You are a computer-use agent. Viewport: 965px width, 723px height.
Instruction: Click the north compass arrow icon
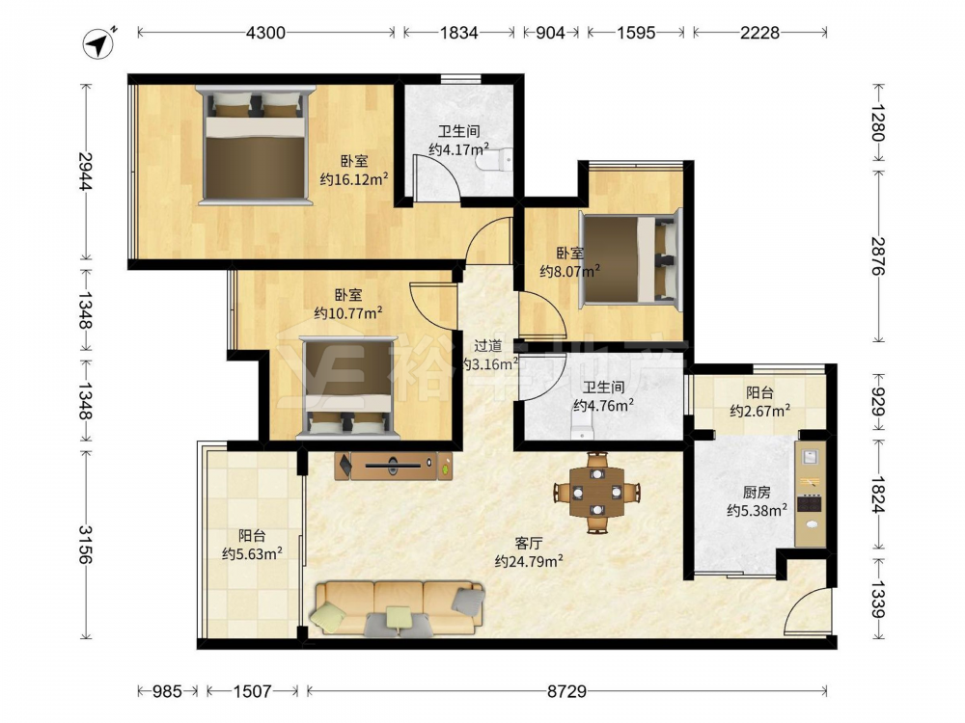(98, 44)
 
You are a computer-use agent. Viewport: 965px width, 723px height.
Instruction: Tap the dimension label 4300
(265, 33)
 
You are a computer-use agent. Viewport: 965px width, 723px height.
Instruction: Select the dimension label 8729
(566, 691)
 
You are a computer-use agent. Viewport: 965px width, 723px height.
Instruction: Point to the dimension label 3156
(86, 545)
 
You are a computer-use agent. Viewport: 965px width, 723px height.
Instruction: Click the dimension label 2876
(878, 255)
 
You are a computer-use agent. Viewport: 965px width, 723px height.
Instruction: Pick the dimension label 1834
(458, 33)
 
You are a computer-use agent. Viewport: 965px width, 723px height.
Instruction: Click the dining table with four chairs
(597, 492)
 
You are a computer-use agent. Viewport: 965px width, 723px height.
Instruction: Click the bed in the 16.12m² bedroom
(255, 146)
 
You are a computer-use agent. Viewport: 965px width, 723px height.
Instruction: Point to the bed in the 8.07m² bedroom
(631, 257)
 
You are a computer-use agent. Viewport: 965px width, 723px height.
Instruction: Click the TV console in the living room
(394, 466)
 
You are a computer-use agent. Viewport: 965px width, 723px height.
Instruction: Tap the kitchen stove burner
(810, 503)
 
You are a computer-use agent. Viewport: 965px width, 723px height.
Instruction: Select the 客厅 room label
(529, 543)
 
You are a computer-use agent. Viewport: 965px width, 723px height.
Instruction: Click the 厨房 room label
(757, 493)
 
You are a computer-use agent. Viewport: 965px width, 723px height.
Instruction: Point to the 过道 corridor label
(488, 346)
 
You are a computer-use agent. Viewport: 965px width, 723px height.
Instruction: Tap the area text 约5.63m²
(252, 554)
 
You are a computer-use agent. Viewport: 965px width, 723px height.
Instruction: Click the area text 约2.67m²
(760, 411)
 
